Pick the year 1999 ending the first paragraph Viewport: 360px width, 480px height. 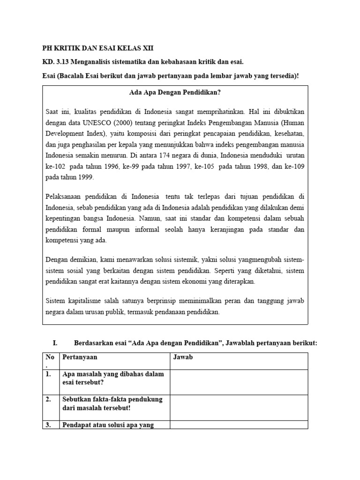tap(85, 177)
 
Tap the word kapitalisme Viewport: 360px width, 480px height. tap(92, 300)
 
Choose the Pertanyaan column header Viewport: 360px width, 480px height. tap(80, 357)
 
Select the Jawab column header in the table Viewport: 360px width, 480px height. tap(183, 357)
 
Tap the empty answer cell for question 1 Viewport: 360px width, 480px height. tap(239, 382)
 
